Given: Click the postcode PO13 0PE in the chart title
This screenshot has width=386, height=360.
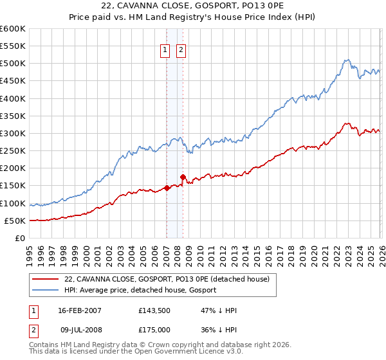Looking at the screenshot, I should [262, 6].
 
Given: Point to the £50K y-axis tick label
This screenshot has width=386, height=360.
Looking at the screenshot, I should [14, 221].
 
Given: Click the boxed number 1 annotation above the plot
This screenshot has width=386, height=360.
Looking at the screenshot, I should [165, 51].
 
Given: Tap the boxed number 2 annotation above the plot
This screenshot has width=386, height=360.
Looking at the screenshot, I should [181, 51].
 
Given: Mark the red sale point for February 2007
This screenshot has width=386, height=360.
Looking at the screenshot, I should [167, 188].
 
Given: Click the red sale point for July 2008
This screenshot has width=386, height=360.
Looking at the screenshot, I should [183, 177].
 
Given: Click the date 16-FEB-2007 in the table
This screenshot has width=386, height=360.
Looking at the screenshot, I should [79, 310].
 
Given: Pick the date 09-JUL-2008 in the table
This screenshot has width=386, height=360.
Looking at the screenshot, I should [79, 330].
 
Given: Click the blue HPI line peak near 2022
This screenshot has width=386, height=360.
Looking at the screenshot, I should [346, 60].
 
